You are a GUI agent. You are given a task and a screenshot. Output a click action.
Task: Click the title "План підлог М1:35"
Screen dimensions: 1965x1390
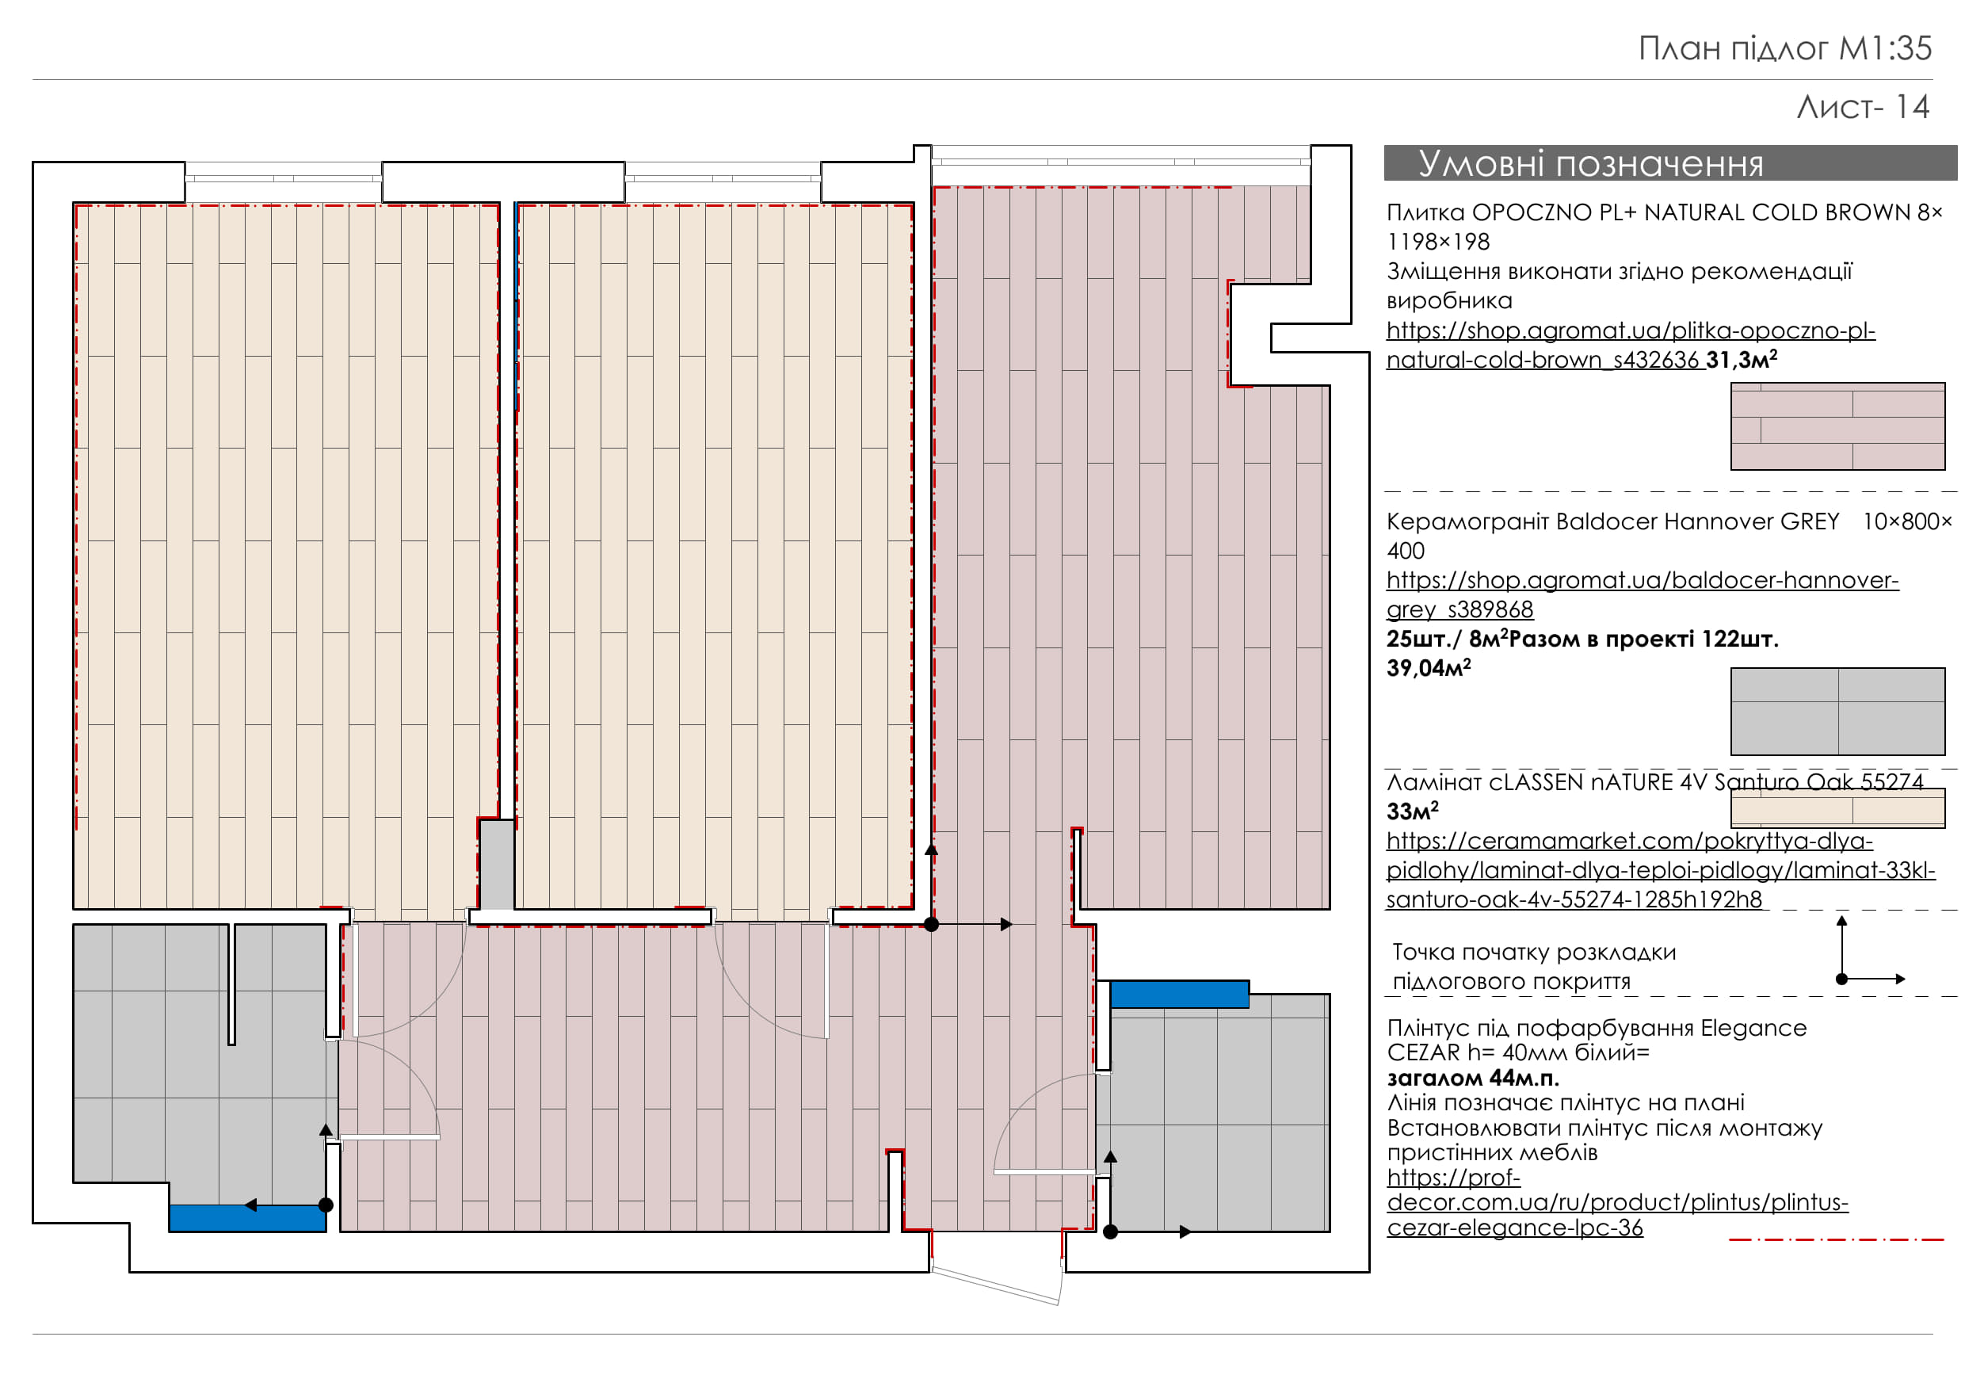[1784, 49]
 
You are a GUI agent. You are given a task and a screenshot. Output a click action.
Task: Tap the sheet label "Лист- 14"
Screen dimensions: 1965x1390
[1862, 107]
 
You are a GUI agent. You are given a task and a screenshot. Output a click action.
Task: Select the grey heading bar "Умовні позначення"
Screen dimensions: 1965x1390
[1669, 162]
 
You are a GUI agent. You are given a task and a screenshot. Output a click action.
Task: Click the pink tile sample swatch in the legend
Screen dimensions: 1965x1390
[1837, 426]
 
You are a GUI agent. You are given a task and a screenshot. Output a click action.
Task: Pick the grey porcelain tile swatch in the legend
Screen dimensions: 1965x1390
[1837, 712]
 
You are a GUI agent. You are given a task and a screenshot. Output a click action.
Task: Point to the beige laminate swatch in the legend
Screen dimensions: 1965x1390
[1837, 808]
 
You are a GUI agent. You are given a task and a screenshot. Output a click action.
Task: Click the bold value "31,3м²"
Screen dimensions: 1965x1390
[1741, 361]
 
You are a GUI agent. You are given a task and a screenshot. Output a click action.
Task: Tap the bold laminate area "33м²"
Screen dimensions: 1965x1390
[1412, 811]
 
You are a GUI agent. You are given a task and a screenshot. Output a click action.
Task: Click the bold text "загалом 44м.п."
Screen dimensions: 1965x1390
[1473, 1078]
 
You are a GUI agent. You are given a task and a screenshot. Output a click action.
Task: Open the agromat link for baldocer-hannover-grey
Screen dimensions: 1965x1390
[1643, 595]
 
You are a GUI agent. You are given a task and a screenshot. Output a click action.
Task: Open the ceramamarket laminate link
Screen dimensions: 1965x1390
[1660, 870]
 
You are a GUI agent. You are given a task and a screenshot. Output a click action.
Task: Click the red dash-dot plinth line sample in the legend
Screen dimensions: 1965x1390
[1837, 1239]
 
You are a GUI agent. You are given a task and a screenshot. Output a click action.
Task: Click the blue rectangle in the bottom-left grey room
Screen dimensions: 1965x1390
[247, 1218]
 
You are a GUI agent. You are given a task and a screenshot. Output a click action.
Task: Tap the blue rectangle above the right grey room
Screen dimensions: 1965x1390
[1179, 995]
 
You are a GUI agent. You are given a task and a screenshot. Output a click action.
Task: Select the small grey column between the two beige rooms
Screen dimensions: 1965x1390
[496, 865]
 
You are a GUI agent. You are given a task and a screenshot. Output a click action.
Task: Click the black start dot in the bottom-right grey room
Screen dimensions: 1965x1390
[1111, 1232]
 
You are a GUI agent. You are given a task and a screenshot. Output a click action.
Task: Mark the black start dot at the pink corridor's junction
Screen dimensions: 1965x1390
[932, 924]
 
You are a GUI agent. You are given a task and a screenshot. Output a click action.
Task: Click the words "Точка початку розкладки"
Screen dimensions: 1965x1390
[1534, 952]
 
